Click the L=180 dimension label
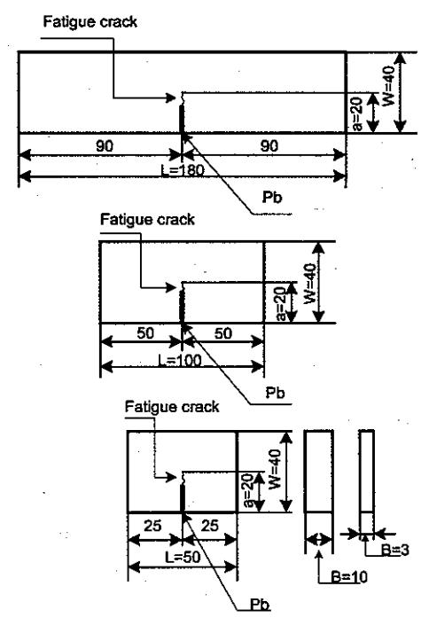point(183,170)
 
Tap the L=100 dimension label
point(180,360)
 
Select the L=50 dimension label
point(183,557)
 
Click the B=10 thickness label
point(349,577)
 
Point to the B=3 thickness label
point(395,550)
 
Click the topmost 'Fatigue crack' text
point(90,22)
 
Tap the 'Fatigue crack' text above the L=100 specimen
point(147,220)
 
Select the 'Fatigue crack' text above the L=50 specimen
point(172,407)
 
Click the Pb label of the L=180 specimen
point(272,197)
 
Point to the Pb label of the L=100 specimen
point(276,393)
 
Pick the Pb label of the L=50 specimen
point(260,605)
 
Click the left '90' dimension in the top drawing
point(105,145)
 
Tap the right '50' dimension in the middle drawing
point(223,333)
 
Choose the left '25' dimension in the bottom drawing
point(152,526)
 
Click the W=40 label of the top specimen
point(389,86)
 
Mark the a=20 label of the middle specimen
point(281,302)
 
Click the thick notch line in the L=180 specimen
point(182,119)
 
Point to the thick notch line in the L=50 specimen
point(183,498)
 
